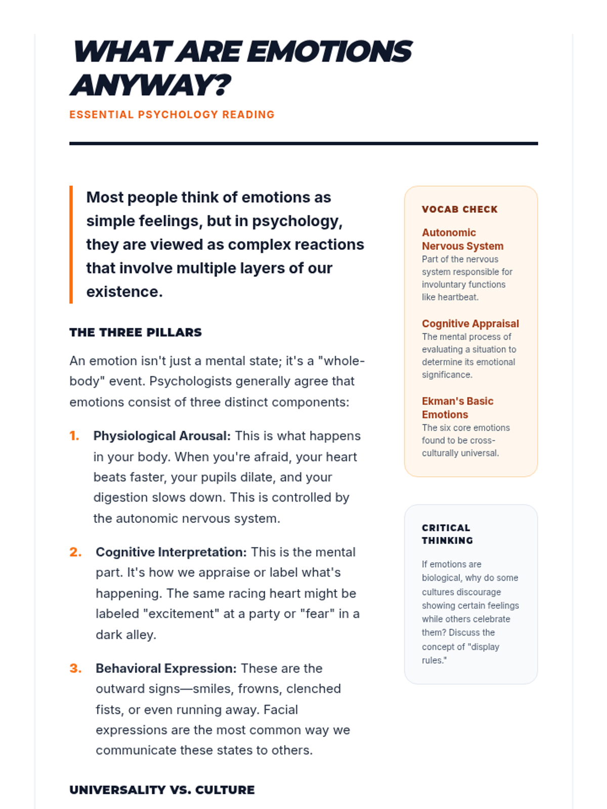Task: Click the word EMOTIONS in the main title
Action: (329, 52)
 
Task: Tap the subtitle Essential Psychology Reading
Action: (172, 115)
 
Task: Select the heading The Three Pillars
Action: (136, 333)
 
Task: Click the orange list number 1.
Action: (74, 436)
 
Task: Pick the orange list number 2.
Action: (75, 552)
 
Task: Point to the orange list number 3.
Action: (75, 668)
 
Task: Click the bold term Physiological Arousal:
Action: (162, 436)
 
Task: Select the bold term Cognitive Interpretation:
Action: (171, 552)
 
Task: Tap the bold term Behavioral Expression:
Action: (166, 668)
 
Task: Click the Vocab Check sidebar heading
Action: (460, 209)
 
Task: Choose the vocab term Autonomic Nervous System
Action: (462, 240)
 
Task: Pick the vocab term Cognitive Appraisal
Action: (470, 324)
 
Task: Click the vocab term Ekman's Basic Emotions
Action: (457, 408)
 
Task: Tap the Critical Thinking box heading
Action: (447, 534)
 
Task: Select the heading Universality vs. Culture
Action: (162, 790)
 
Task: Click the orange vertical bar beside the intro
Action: (71, 245)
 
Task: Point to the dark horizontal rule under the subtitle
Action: (303, 144)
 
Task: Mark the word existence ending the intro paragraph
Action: (123, 292)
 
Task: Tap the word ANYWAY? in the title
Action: (150, 85)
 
